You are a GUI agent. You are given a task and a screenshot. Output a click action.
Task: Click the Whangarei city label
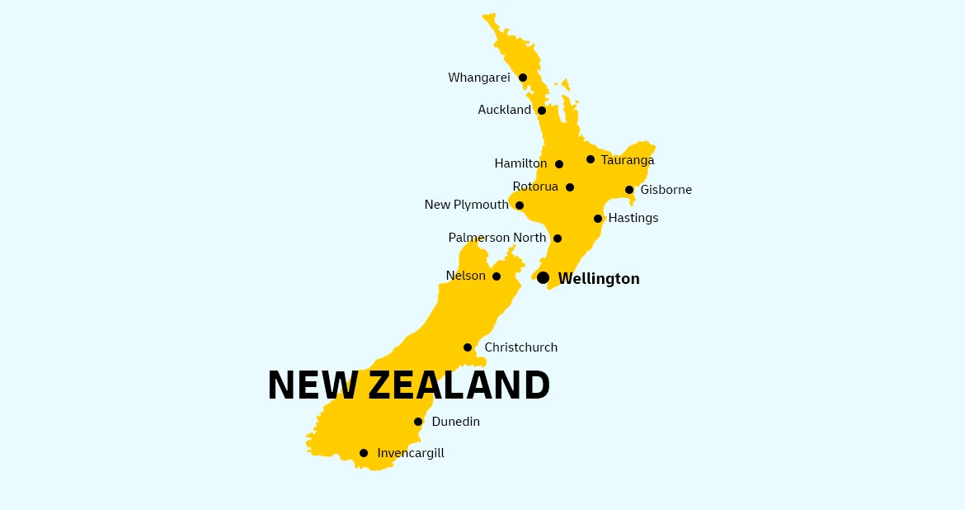(478, 78)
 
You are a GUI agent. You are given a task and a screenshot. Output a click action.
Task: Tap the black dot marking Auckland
(542, 111)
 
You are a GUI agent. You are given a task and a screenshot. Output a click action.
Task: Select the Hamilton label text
(520, 163)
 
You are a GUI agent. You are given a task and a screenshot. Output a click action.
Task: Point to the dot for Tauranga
(591, 159)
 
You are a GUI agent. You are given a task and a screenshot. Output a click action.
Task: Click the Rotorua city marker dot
(570, 187)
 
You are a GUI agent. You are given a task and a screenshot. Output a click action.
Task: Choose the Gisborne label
(666, 190)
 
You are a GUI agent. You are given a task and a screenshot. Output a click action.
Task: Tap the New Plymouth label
(466, 205)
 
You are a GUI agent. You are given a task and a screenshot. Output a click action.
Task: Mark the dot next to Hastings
(598, 219)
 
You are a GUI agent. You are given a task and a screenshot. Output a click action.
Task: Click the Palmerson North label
(497, 238)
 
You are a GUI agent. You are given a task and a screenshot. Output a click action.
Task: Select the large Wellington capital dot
(543, 277)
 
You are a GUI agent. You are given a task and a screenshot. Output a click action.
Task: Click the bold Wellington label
(599, 279)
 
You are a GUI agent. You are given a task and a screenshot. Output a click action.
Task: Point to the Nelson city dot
(497, 276)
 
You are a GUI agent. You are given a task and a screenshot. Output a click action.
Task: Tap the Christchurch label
(520, 347)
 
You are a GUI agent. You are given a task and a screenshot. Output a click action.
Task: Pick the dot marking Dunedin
(418, 422)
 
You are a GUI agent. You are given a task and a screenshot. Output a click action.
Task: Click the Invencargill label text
(410, 453)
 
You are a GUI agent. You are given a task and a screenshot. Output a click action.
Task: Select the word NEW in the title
(313, 385)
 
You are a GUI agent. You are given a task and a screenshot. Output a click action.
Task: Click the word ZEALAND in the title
(459, 385)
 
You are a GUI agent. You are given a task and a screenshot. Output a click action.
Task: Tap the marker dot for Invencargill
(364, 453)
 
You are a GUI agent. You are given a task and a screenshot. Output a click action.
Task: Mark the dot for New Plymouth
(520, 205)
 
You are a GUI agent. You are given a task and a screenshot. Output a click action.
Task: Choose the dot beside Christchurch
(468, 347)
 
